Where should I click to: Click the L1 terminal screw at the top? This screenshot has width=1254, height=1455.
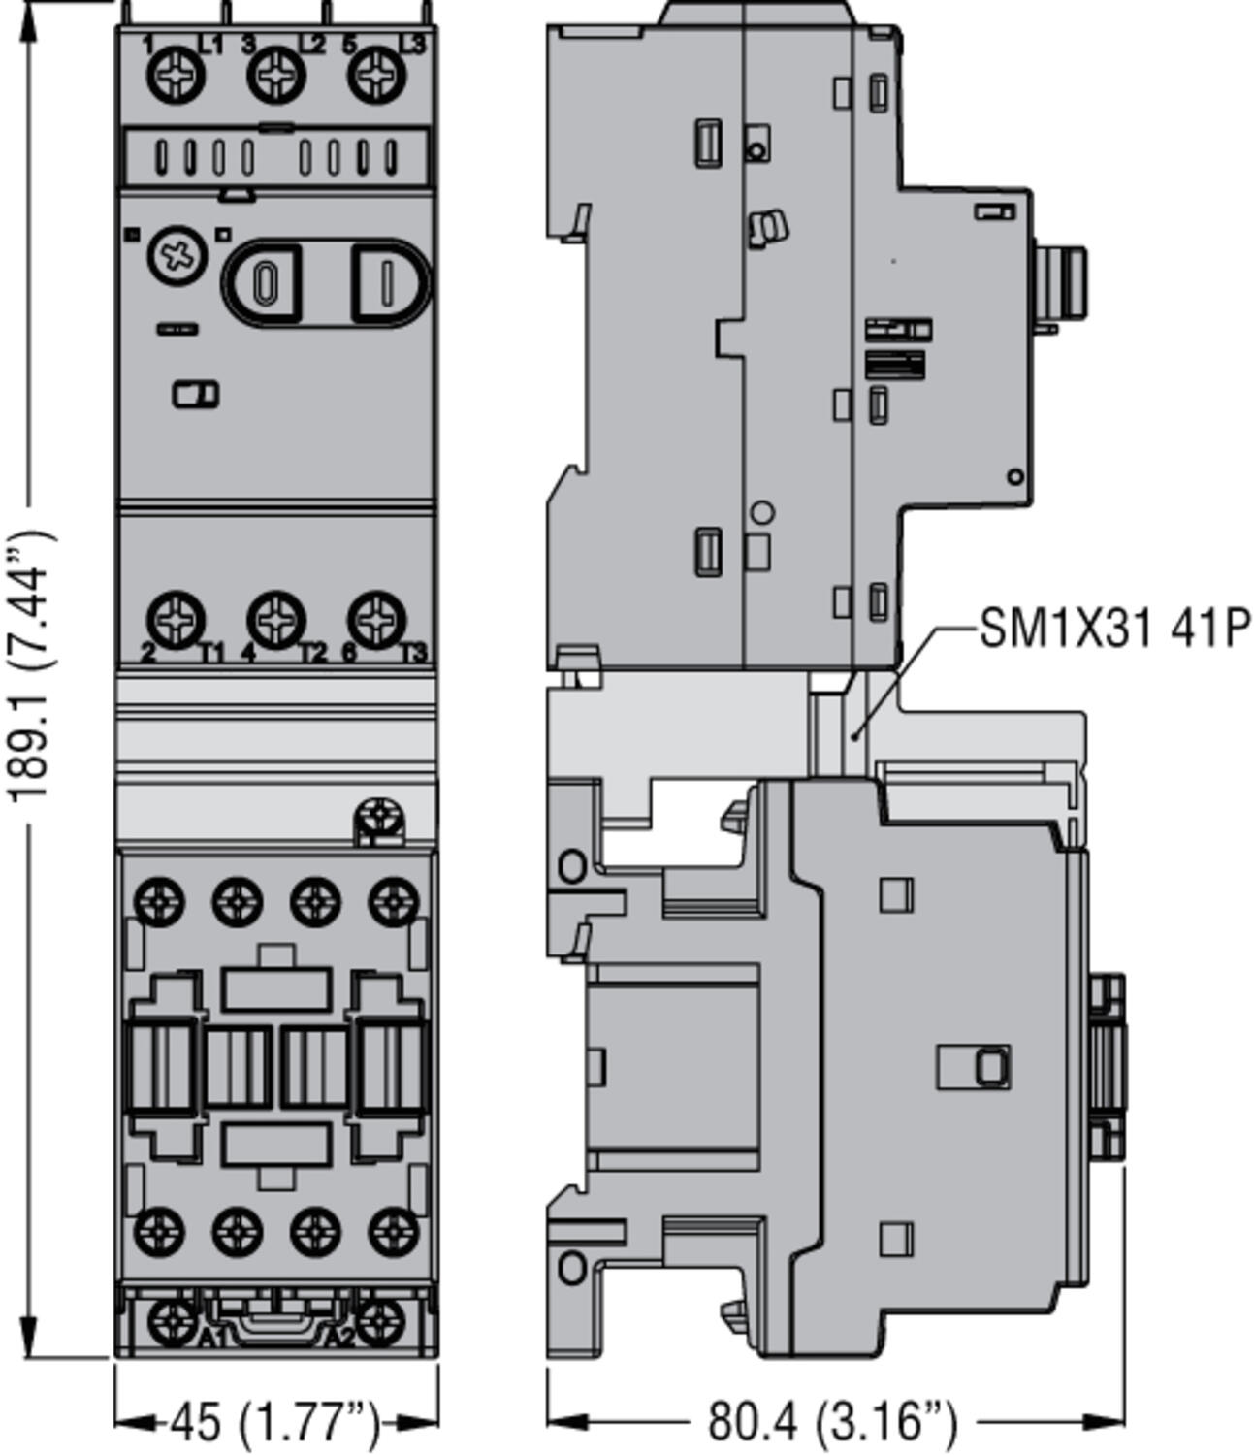(176, 77)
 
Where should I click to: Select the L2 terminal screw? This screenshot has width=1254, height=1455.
(276, 77)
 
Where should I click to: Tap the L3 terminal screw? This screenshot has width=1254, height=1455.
(376, 77)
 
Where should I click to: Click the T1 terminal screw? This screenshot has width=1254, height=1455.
(176, 618)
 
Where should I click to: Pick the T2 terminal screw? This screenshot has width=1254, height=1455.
(276, 618)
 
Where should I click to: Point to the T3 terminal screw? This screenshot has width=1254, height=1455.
(376, 618)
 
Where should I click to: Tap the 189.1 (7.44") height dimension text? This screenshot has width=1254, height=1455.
(30, 665)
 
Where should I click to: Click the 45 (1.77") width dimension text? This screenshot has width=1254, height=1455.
(275, 1422)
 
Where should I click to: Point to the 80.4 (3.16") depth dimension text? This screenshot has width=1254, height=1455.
(832, 1422)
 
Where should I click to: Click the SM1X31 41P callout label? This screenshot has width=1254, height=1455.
(1114, 629)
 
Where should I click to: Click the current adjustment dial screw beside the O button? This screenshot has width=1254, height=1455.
(177, 256)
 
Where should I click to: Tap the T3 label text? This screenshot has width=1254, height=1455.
(414, 653)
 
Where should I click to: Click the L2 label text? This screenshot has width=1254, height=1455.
(312, 44)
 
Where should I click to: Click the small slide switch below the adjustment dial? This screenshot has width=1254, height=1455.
(195, 395)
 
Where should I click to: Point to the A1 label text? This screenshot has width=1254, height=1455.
(213, 1339)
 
